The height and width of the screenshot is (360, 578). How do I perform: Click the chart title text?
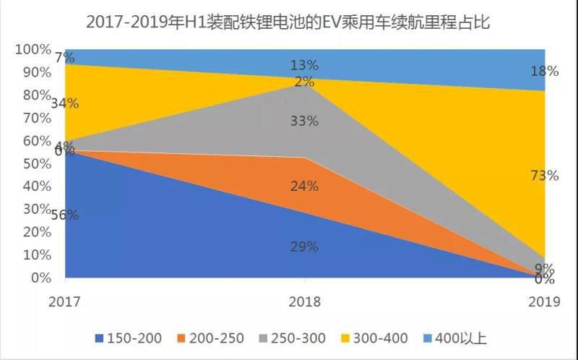(x=288, y=22)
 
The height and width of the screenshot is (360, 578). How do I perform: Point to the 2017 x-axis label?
(x=65, y=302)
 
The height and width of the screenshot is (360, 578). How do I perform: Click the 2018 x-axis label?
(x=304, y=302)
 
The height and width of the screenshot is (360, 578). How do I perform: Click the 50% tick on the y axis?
(x=36, y=164)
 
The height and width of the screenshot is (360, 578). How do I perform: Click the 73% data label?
(x=544, y=175)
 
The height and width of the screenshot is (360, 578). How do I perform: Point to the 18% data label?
(x=544, y=71)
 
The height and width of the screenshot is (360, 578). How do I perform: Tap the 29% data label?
(x=304, y=247)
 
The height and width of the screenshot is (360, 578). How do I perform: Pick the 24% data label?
(x=304, y=187)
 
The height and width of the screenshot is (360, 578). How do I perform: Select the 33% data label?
(x=304, y=121)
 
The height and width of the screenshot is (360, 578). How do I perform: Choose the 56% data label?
(x=64, y=215)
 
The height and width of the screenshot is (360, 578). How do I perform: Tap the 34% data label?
(x=64, y=103)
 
